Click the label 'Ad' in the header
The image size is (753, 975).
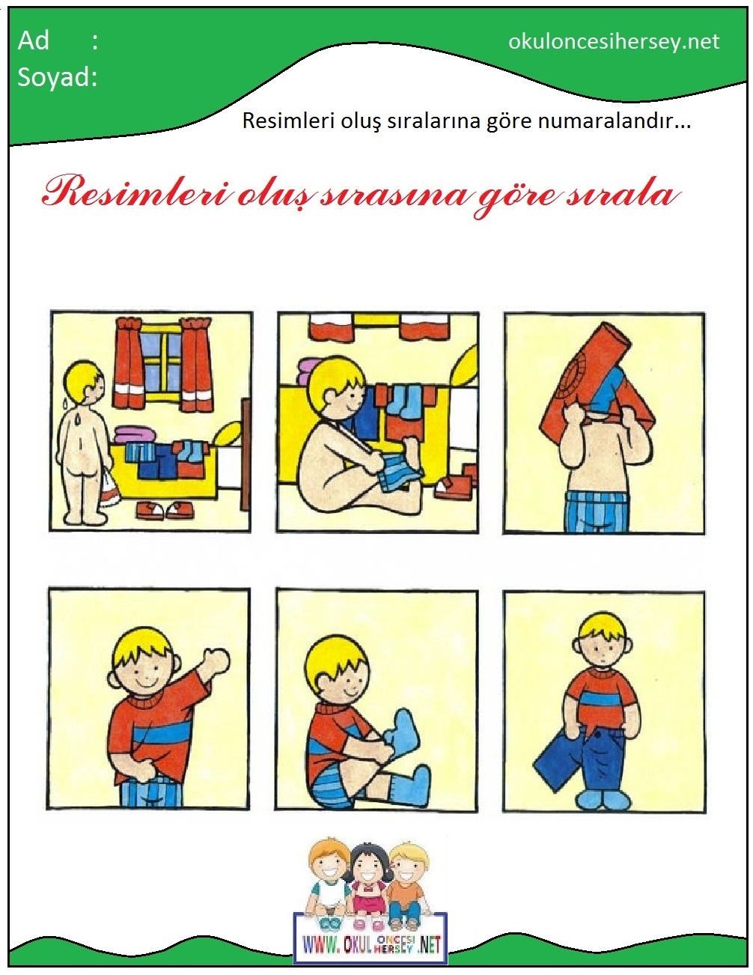(x=33, y=41)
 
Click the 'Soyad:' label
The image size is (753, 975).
(x=58, y=76)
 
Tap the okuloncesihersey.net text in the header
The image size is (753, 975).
(x=614, y=42)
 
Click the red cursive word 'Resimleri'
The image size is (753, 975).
(x=135, y=194)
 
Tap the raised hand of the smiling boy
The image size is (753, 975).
(x=215, y=661)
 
